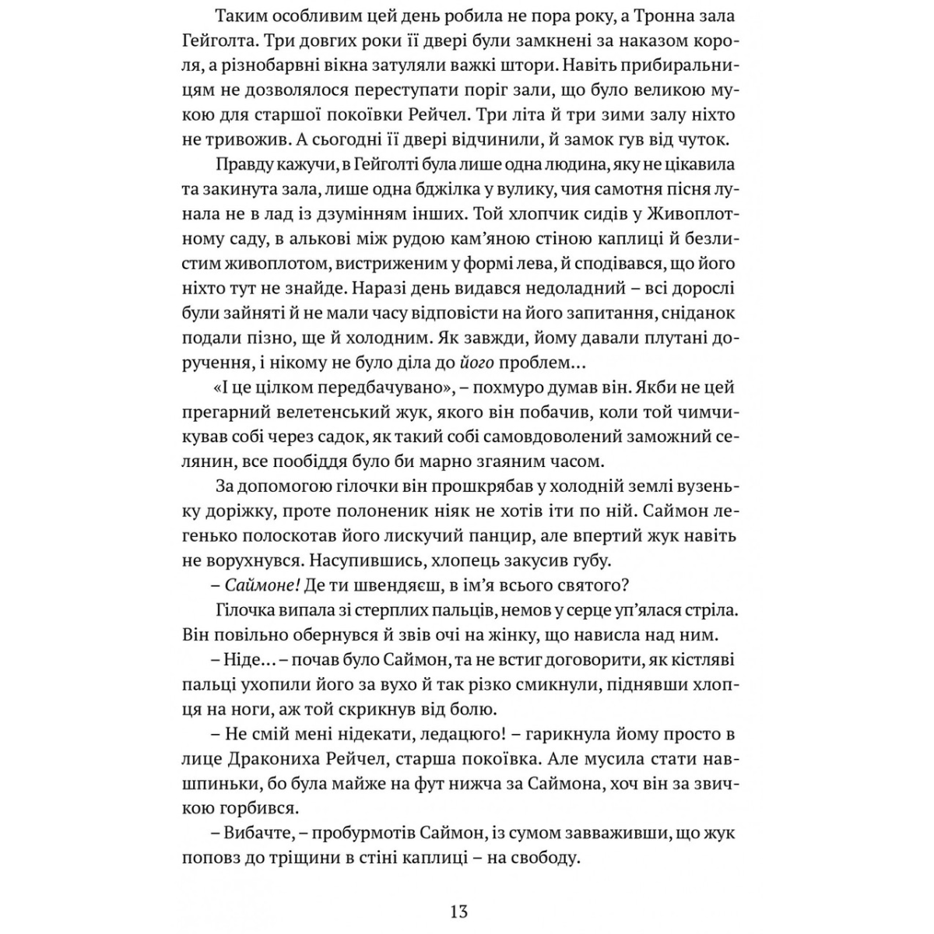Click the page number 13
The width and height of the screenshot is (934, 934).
[x=458, y=911]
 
